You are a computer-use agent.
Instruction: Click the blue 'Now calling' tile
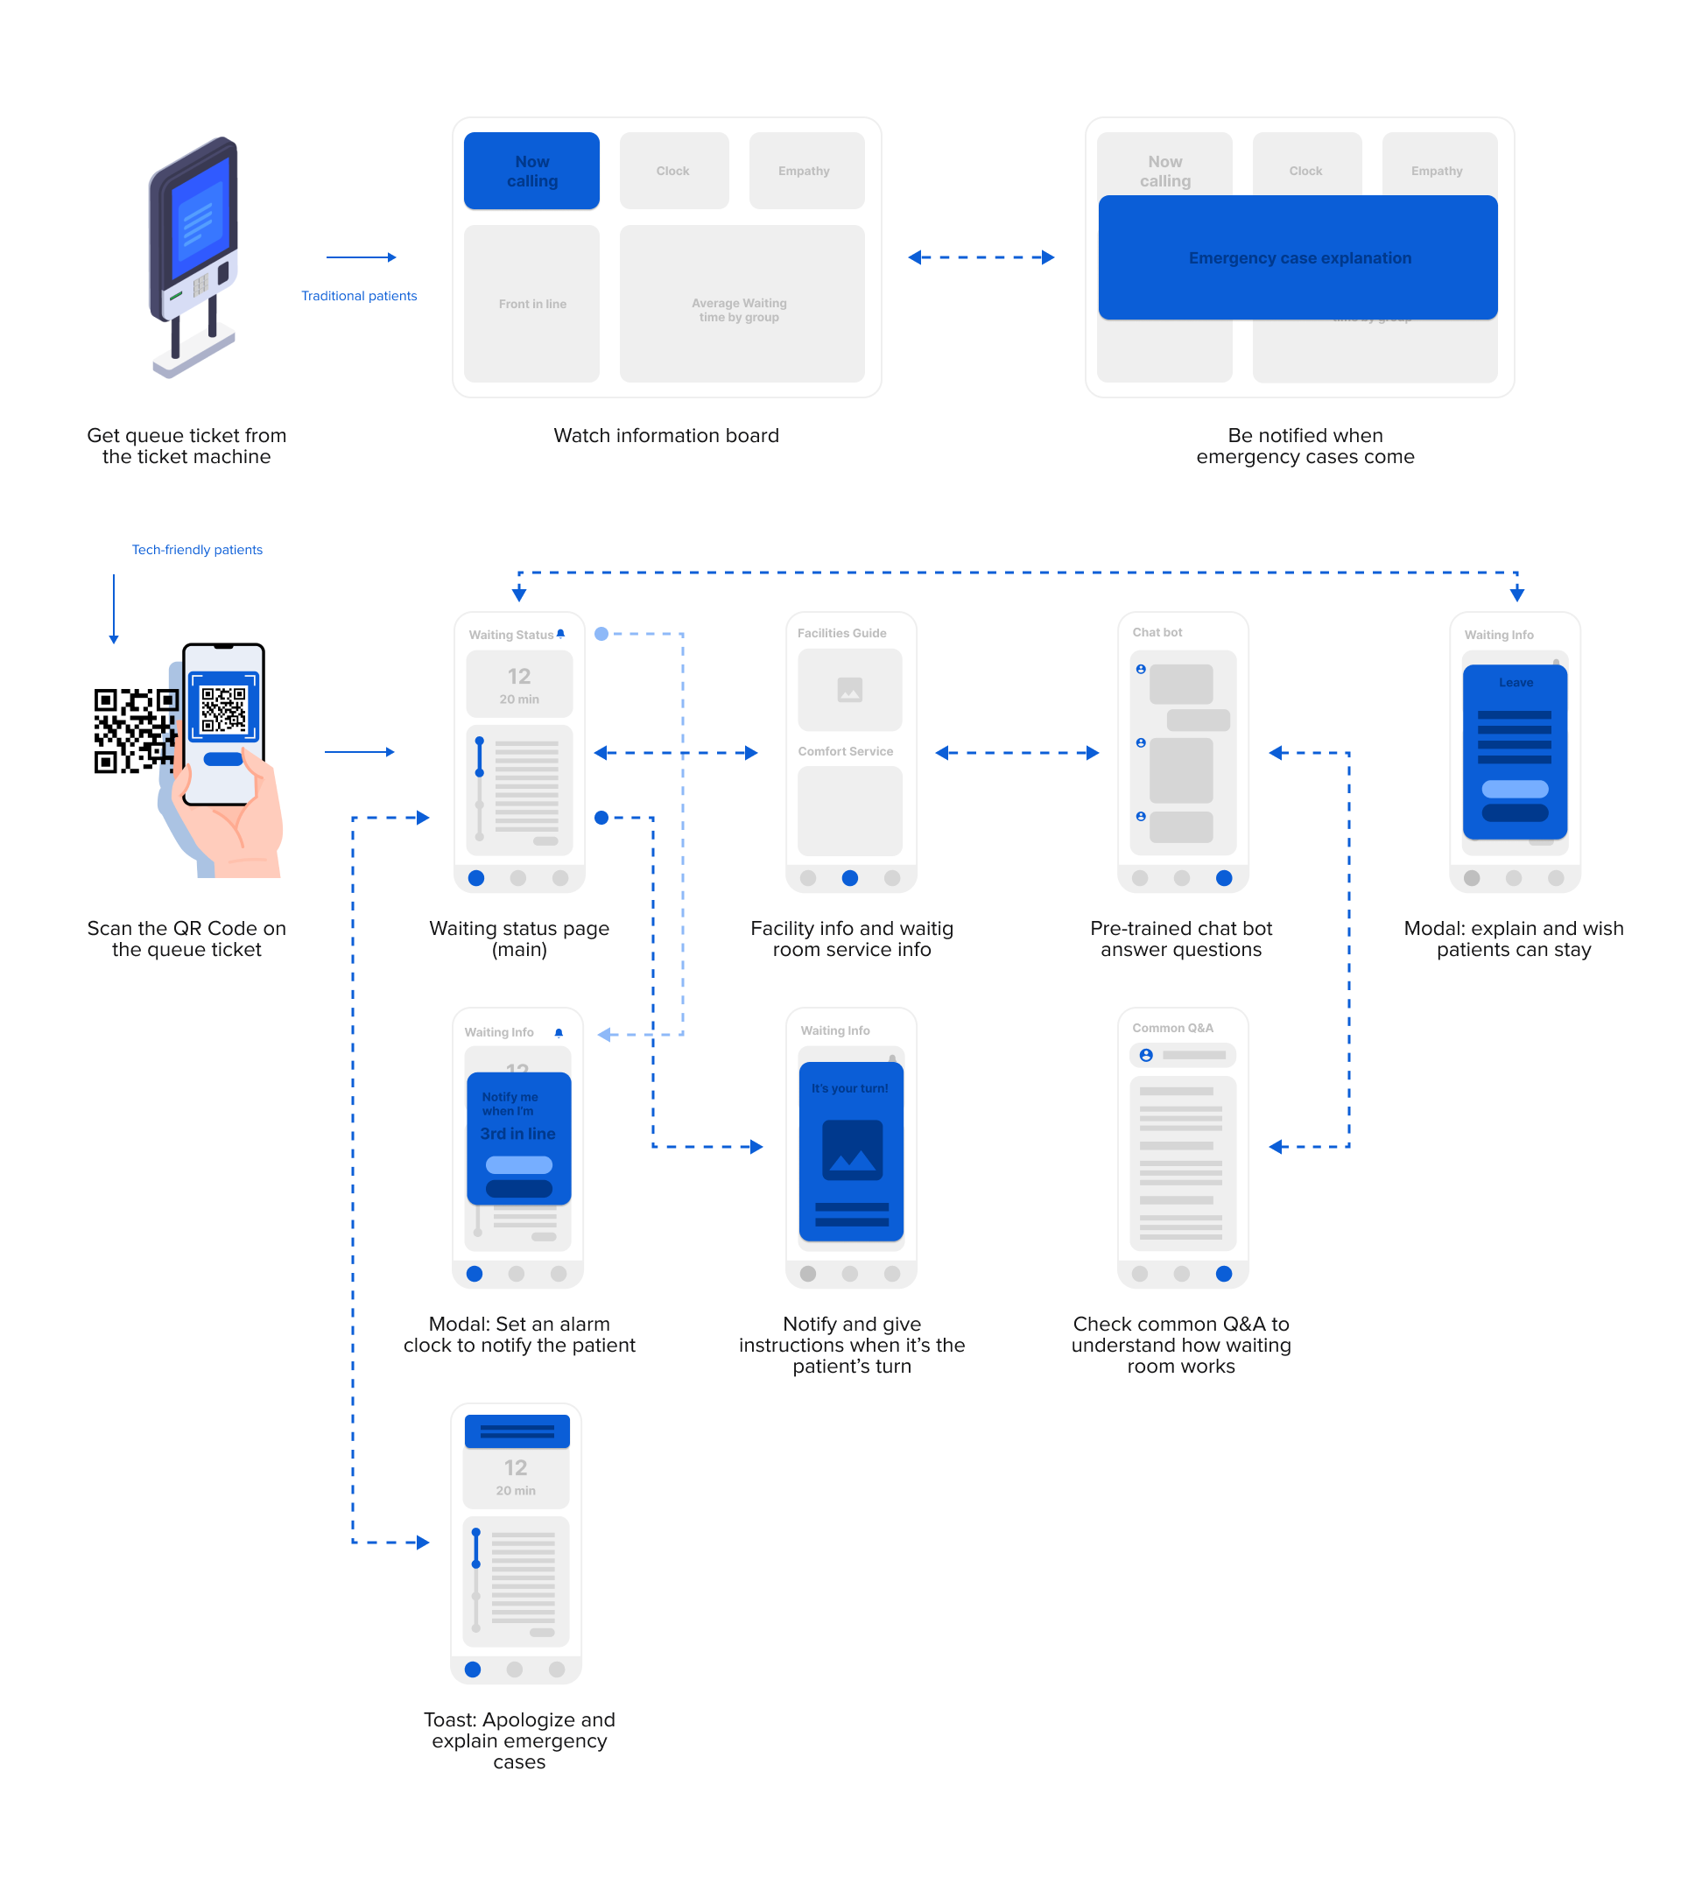pos(531,171)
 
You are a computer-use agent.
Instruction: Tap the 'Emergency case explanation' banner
pos(1298,258)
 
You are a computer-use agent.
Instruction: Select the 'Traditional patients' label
pos(359,296)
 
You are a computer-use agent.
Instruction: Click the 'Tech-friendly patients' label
pos(197,550)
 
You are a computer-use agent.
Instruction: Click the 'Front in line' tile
pos(531,304)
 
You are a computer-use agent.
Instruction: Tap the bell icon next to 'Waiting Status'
pos(560,635)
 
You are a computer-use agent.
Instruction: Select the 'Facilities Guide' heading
pos(841,634)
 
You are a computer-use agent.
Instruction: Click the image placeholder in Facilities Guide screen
pos(849,690)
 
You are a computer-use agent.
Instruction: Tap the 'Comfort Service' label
pos(845,751)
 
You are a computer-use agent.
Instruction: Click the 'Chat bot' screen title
pos(1157,633)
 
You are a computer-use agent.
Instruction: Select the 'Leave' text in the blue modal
pos(1515,683)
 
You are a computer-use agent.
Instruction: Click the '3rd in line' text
pos(517,1134)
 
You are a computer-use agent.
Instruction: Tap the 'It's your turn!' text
pos(849,1088)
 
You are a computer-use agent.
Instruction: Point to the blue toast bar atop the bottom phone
pos(517,1431)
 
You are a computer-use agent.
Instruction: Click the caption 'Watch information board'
pos(665,436)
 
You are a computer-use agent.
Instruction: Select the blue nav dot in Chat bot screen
pos(1223,878)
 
